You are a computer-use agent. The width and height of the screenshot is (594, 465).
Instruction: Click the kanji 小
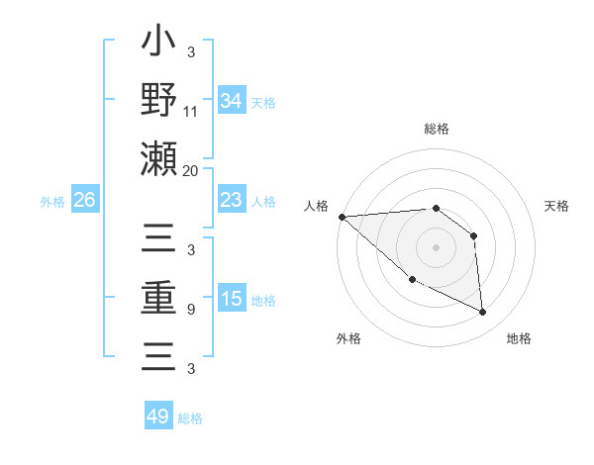tap(158, 45)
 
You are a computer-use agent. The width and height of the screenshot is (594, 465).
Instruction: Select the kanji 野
tap(158, 99)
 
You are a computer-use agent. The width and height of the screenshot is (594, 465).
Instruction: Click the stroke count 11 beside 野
tap(191, 112)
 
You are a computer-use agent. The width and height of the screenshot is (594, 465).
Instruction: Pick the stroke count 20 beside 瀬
tap(191, 170)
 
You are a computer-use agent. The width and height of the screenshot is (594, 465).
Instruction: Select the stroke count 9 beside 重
tap(191, 310)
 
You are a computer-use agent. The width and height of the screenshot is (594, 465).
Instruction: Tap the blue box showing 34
tap(232, 101)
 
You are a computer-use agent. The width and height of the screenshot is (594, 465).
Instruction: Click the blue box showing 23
tap(232, 200)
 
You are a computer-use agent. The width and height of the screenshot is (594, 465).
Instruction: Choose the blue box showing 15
tap(232, 299)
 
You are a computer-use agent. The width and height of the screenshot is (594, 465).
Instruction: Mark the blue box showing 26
tap(84, 200)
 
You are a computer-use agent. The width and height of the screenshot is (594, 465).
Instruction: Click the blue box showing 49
tap(158, 417)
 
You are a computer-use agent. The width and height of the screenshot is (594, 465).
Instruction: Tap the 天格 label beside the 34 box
tap(264, 102)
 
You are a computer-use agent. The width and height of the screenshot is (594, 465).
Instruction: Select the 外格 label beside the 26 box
tap(52, 201)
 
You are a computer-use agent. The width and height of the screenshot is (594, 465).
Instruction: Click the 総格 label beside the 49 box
tap(191, 418)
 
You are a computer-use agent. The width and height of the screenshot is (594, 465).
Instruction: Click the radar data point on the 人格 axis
tap(342, 216)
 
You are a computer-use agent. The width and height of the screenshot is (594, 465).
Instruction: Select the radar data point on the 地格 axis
tap(483, 312)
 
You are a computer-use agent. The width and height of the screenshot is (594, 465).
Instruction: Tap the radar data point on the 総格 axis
tap(436, 209)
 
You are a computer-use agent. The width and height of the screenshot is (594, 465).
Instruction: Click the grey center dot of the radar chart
tap(436, 246)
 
